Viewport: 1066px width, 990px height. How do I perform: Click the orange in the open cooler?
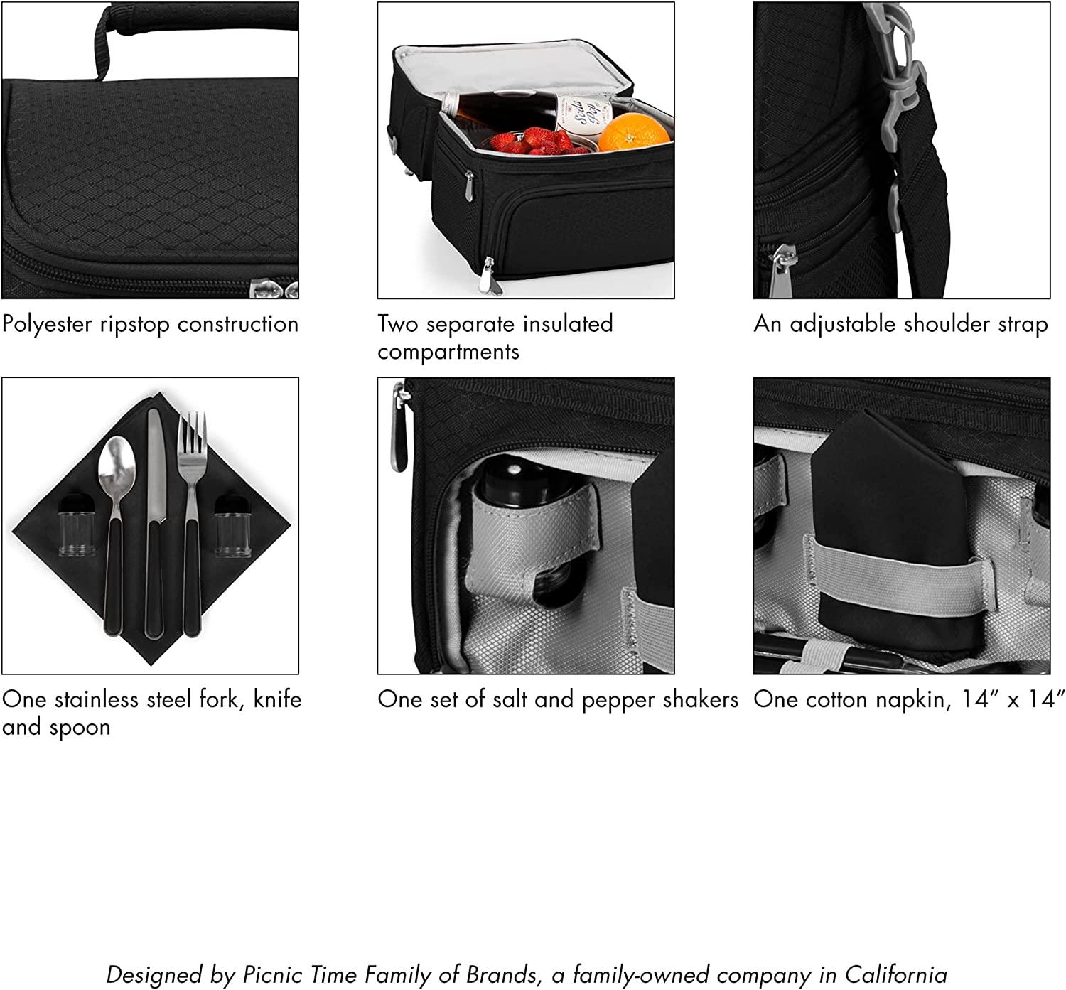(x=635, y=132)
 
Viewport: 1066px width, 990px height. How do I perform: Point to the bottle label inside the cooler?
(x=584, y=113)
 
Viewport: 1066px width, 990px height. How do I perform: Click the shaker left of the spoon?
(x=77, y=525)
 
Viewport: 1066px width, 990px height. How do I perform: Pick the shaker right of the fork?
(x=233, y=525)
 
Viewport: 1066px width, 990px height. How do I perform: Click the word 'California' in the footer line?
(x=895, y=974)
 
